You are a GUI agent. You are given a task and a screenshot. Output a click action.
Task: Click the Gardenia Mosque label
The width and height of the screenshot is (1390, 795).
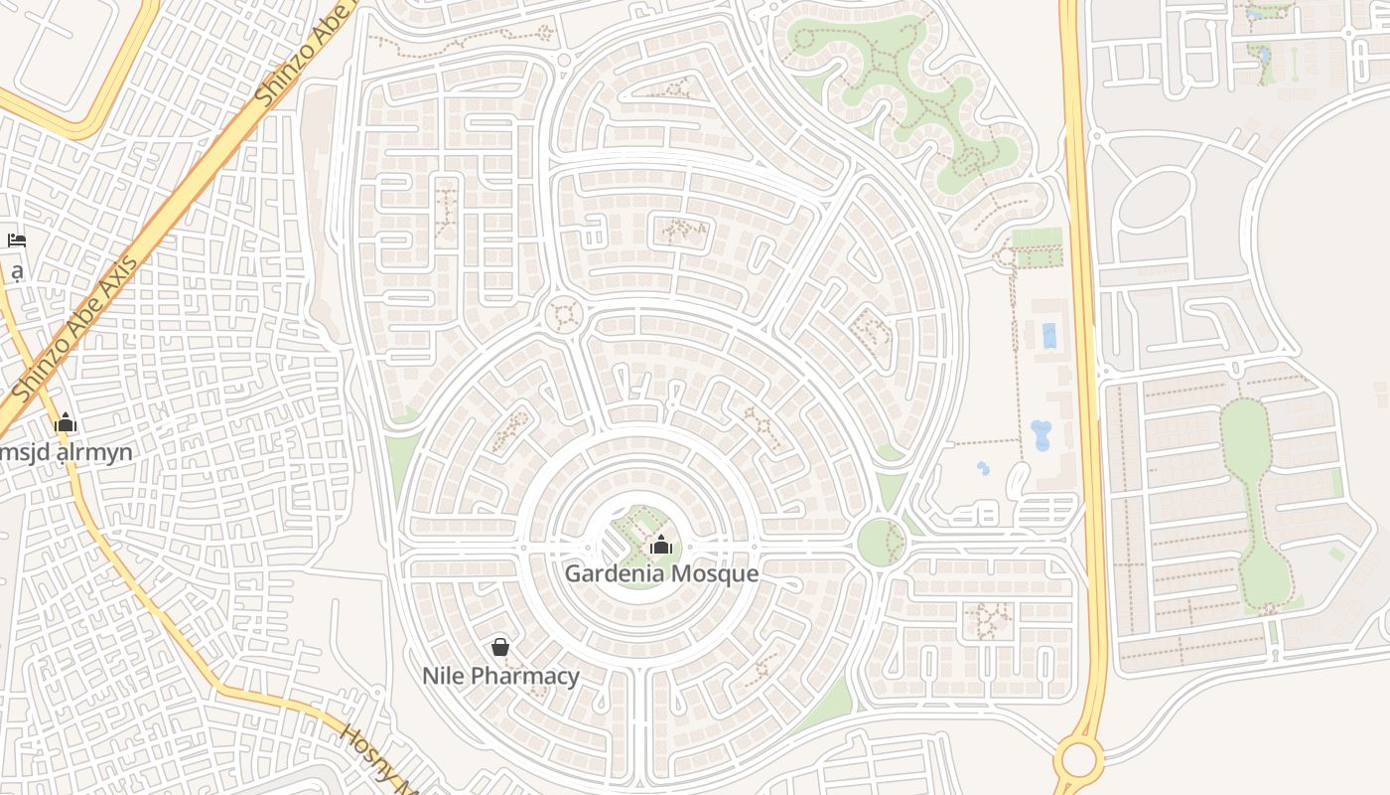[x=661, y=574]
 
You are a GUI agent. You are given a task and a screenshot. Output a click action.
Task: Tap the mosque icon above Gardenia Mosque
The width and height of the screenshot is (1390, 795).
[x=661, y=545]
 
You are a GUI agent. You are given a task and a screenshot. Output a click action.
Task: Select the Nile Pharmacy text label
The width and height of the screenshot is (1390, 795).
[x=500, y=677]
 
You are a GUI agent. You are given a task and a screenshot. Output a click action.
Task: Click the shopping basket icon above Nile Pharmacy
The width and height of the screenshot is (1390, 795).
[x=500, y=647]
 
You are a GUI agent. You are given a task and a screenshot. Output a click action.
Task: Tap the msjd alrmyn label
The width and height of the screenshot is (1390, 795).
[x=67, y=453]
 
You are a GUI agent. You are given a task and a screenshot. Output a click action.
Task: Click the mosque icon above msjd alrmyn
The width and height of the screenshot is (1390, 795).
[x=66, y=423]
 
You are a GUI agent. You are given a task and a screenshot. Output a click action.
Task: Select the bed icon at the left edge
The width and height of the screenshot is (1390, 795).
[x=16, y=240]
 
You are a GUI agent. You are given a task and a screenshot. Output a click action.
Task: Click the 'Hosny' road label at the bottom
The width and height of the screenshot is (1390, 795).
[x=372, y=759]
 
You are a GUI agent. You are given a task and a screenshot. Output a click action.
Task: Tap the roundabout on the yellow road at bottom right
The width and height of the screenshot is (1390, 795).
[x=1079, y=759]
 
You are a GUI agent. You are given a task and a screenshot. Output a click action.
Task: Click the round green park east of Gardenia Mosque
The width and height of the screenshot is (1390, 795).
[x=880, y=543]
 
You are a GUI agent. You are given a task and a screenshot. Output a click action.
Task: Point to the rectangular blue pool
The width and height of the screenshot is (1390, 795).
[x=1049, y=336]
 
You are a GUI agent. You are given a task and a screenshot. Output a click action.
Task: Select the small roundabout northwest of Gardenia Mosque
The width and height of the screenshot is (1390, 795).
[x=565, y=315]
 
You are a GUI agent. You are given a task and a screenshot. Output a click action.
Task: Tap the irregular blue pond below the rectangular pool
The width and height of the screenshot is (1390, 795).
[x=1041, y=434]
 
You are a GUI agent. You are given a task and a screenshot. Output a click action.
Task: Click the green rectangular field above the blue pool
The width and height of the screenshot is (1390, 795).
[x=1037, y=248]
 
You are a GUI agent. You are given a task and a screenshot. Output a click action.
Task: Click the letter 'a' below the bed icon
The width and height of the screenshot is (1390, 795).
[x=17, y=271]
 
